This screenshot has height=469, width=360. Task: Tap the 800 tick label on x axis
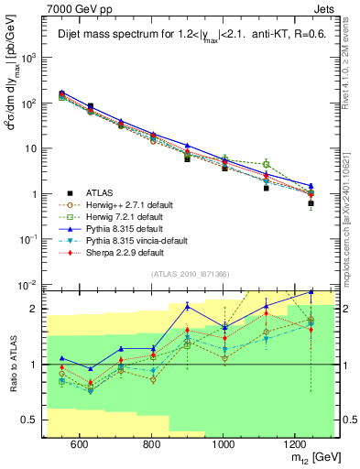tap(151, 443)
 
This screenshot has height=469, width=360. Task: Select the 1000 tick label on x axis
tap(224, 443)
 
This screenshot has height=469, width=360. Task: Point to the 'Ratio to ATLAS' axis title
tap(11, 363)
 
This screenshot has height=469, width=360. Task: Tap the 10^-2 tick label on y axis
tap(29, 285)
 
